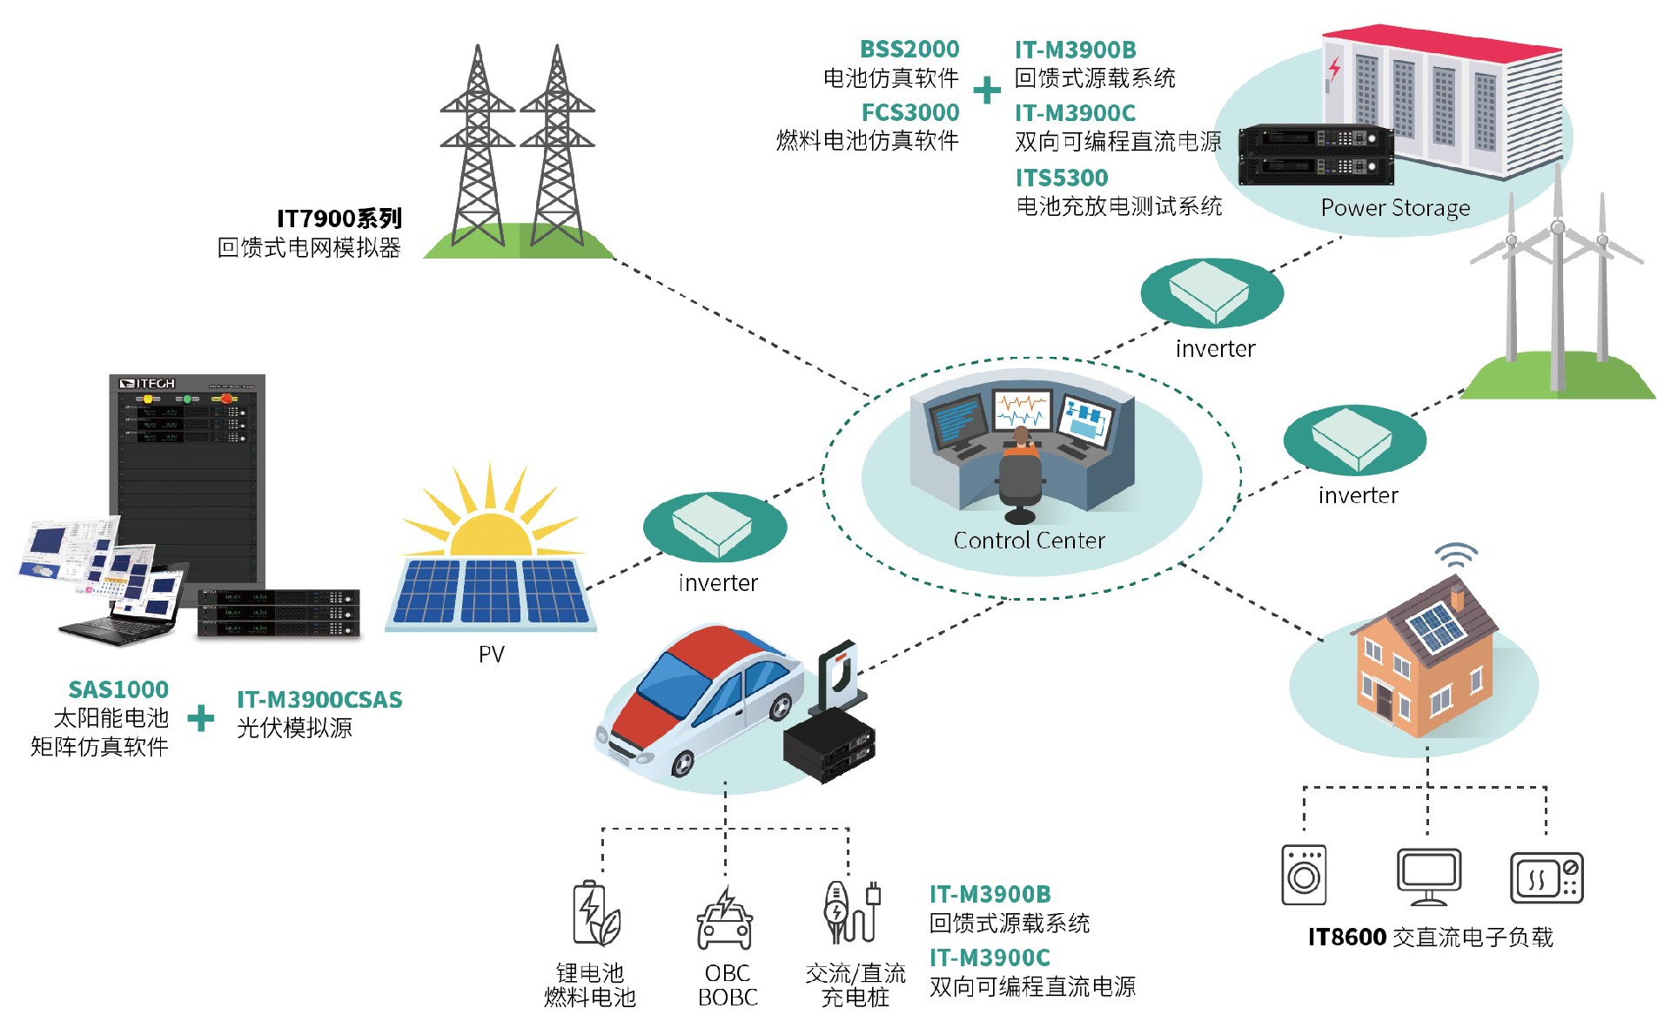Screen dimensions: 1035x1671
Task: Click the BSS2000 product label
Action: click(x=909, y=50)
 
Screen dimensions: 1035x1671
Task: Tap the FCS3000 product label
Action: click(x=909, y=113)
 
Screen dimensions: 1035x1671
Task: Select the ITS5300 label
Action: click(x=1061, y=178)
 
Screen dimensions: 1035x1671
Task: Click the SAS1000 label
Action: click(x=118, y=690)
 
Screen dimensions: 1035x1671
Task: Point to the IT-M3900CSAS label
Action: click(x=319, y=700)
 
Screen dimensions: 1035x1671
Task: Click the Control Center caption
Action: click(x=1029, y=541)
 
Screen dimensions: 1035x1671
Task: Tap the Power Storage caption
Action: click(x=1394, y=208)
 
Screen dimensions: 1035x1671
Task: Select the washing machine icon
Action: click(x=1304, y=875)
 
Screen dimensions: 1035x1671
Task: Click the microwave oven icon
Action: click(x=1547, y=877)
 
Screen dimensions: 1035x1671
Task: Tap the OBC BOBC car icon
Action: click(x=725, y=920)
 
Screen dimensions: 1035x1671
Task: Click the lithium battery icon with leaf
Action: click(x=595, y=914)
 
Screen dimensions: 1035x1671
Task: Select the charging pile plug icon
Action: click(x=852, y=911)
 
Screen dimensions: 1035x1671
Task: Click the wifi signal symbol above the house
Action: click(x=1456, y=554)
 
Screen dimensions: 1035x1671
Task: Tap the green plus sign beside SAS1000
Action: click(x=201, y=718)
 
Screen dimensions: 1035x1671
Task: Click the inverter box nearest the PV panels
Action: click(x=714, y=525)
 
